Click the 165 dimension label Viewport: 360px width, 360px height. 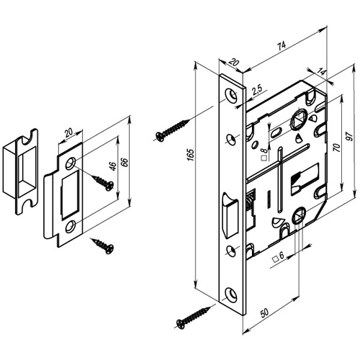(191, 155)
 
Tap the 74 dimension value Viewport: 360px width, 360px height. (282, 45)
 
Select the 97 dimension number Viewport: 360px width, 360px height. (350, 136)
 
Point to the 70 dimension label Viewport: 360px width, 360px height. (337, 147)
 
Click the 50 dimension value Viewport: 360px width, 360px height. (264, 312)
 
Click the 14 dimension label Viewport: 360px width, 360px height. (321, 72)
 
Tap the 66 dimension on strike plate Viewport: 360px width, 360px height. (125, 163)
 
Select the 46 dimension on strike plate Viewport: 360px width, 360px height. (113, 166)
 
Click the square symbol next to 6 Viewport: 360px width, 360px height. (275, 259)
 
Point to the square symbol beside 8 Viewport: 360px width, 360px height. (264, 158)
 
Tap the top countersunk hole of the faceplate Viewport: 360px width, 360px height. (231, 95)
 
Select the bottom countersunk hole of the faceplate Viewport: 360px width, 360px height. (231, 294)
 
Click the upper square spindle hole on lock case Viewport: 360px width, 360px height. (298, 120)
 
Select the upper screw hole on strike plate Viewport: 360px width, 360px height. (71, 163)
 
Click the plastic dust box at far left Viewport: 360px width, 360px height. (20, 171)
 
